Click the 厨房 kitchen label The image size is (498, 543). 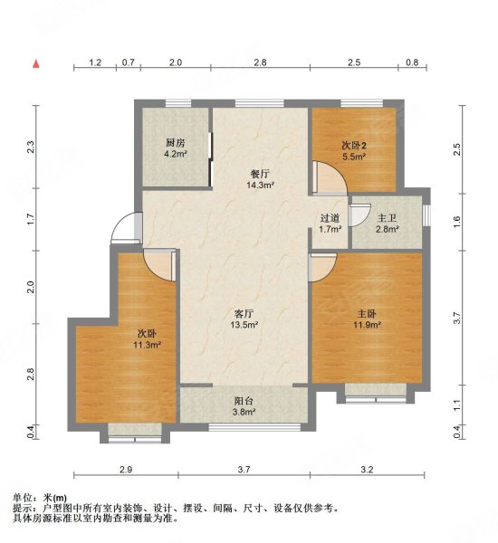[176, 143]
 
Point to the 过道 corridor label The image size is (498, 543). [330, 218]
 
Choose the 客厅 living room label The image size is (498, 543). [242, 313]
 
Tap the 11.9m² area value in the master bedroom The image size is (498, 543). [367, 324]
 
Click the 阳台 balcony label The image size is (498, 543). [242, 401]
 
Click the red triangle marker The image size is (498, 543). [36, 64]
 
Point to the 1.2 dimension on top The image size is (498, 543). [95, 62]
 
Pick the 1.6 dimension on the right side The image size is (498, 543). [457, 218]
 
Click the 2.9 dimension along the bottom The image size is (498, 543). [126, 470]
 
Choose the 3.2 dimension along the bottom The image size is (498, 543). [367, 470]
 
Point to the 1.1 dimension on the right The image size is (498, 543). [457, 406]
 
